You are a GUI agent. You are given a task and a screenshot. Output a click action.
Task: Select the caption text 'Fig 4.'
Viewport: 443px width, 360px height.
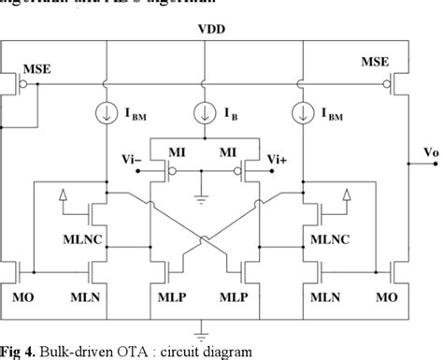[x=21, y=351]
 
